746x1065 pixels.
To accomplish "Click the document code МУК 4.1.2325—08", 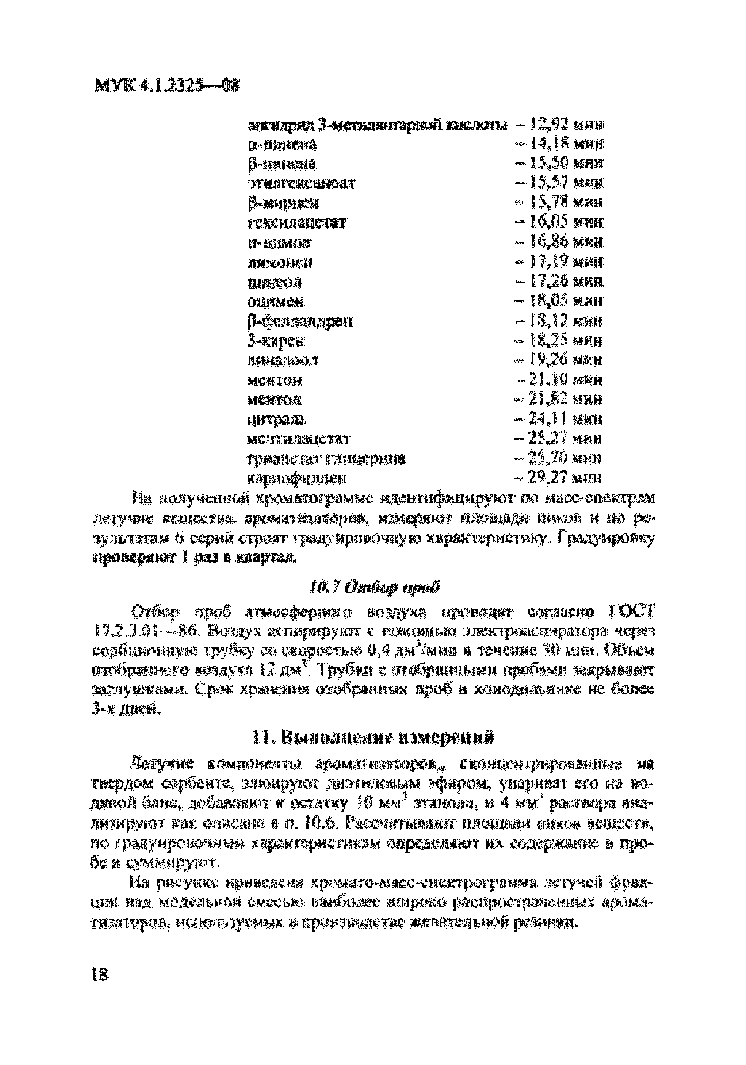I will [167, 86].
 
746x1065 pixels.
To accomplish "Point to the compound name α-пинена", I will [282, 145].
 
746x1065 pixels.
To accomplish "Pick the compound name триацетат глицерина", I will [326, 458].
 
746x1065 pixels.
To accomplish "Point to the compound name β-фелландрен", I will [299, 321].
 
